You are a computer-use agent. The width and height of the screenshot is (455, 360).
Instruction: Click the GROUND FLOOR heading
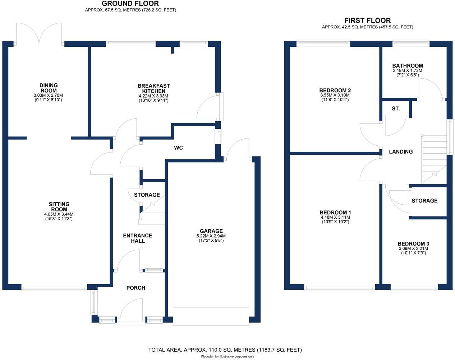pos(130,4)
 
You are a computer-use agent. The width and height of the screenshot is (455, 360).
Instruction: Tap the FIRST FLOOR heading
pos(367,20)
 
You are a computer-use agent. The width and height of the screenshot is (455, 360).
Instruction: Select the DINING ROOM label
pos(49,88)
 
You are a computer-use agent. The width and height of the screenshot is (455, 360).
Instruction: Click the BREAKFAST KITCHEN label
pos(153,88)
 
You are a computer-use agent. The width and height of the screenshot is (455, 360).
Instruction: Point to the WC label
pos(178,148)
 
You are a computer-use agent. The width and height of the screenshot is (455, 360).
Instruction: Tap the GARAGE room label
pos(211,231)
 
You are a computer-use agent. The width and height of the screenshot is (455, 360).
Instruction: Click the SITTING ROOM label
pos(59,207)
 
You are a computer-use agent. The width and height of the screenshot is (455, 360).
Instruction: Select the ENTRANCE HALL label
pos(138,238)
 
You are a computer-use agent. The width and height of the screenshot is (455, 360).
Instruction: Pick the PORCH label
pos(136,288)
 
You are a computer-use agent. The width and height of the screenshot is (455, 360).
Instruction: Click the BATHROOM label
pos(408,66)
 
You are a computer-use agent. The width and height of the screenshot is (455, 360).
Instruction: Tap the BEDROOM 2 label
pos(335,90)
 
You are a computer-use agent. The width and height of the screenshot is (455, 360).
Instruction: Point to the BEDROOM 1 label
pos(335,212)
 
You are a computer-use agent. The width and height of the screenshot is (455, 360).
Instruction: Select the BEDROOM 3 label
pos(413,243)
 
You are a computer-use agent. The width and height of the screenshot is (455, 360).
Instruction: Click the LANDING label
pos(401,152)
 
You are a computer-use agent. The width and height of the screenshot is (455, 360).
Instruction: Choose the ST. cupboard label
pos(396,108)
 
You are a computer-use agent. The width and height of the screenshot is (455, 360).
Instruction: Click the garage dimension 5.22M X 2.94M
pos(211,236)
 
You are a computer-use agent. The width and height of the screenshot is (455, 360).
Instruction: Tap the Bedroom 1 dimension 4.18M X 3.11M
pos(335,217)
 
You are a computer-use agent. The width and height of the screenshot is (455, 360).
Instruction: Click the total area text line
pos(225,350)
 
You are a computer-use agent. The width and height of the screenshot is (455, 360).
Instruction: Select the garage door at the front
pos(211,316)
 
